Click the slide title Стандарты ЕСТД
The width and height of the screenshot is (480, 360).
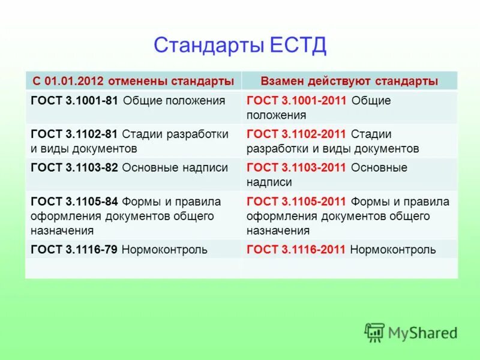coord(240,45)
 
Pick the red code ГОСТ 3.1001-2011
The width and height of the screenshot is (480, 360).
coord(296,101)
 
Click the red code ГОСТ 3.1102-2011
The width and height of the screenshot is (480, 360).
coord(296,134)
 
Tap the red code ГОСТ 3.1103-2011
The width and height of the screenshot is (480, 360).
coord(296,168)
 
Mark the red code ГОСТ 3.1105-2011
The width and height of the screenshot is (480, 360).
coord(296,202)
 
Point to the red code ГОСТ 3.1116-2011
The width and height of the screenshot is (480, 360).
coord(296,250)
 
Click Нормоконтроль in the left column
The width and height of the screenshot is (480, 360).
coord(164,250)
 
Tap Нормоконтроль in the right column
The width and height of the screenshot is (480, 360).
coord(393,250)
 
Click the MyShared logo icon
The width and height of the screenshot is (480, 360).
coord(374,332)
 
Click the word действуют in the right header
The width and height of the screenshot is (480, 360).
coord(342,81)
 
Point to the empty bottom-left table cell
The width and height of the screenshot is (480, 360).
coord(133,268)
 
